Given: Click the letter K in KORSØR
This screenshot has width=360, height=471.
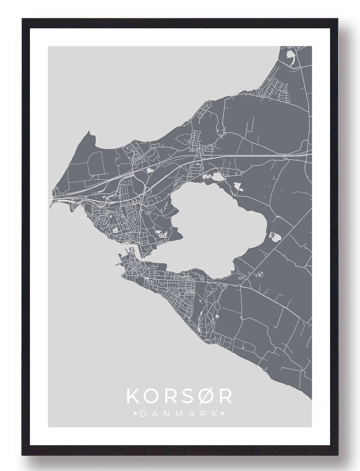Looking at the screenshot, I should click(x=132, y=396).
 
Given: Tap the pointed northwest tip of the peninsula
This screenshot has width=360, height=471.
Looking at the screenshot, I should click(x=89, y=132).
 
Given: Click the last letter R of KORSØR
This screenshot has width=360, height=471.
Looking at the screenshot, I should click(x=226, y=396).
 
